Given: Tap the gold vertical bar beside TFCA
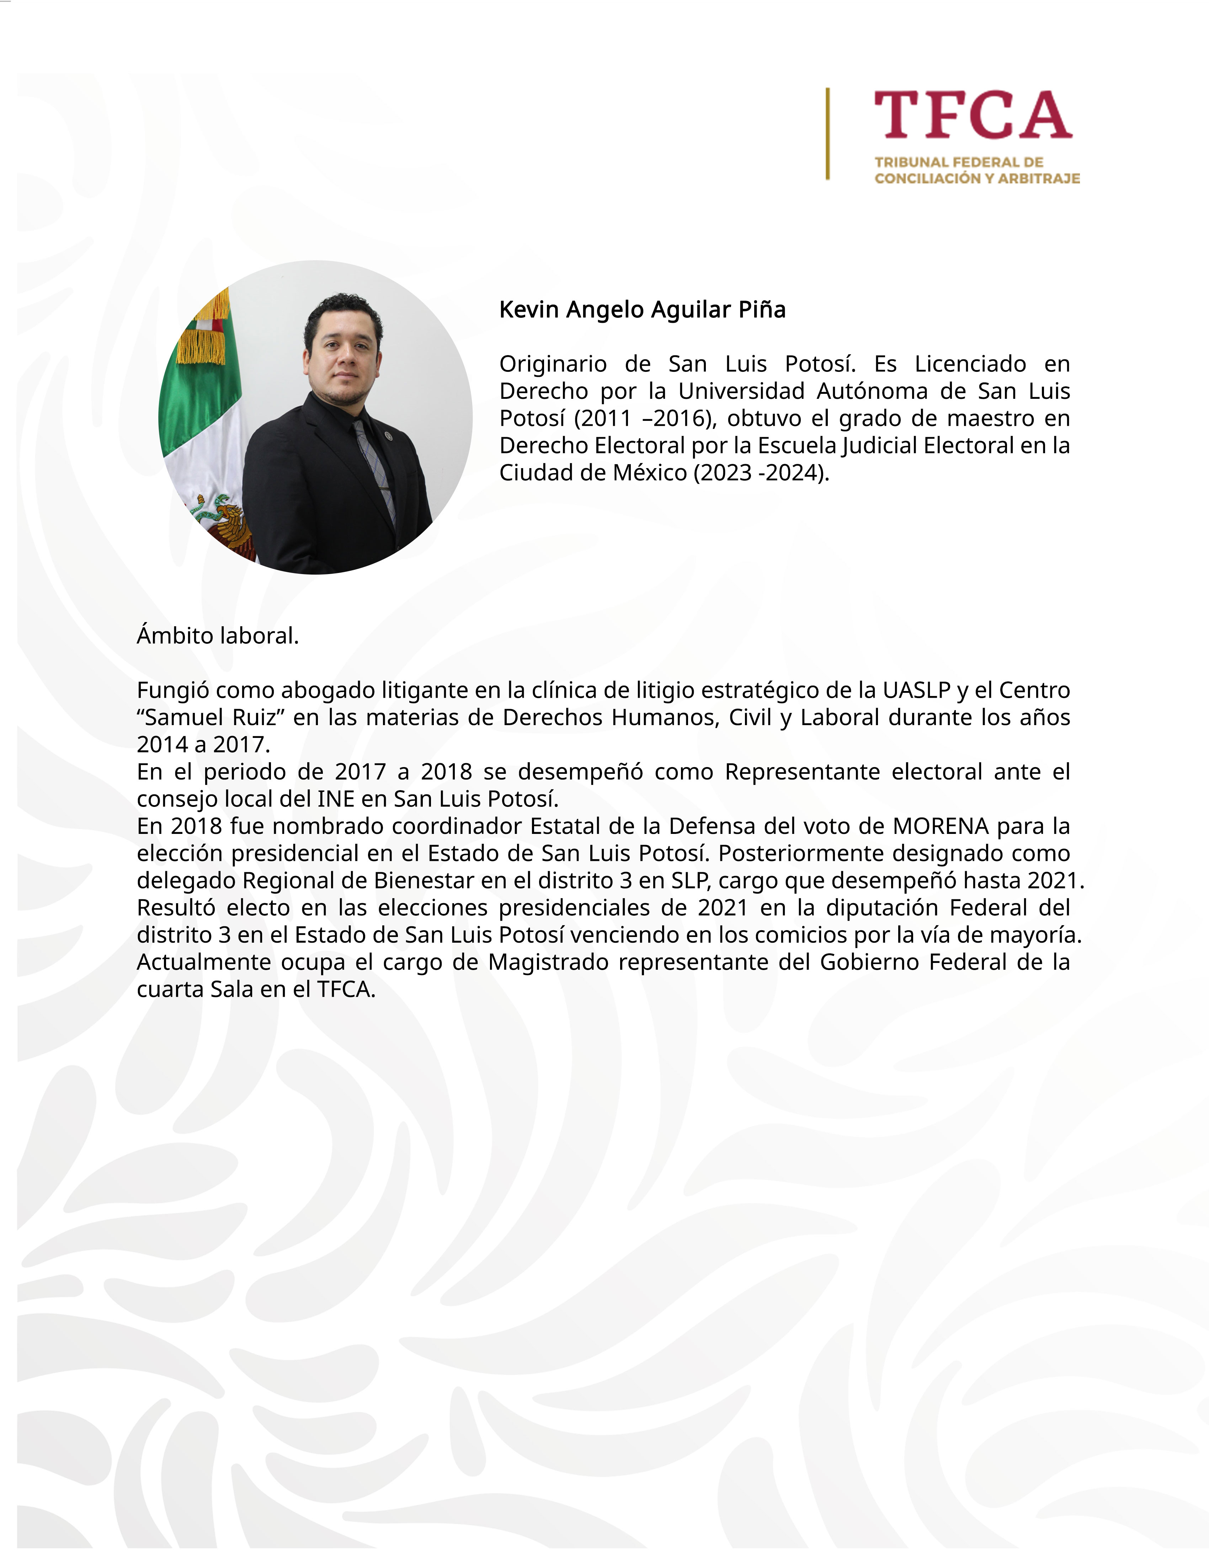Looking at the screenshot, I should coord(828,134).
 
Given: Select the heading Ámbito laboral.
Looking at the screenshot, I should coord(218,636).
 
